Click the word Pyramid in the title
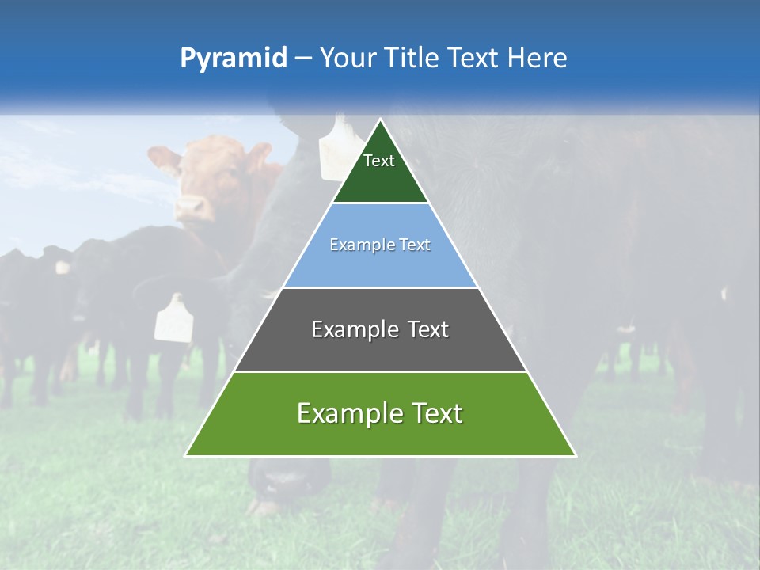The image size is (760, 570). pyautogui.click(x=233, y=59)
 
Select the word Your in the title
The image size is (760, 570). pyautogui.click(x=349, y=59)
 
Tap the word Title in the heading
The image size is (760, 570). pyautogui.click(x=412, y=59)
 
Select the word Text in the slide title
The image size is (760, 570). pyautogui.click(x=474, y=59)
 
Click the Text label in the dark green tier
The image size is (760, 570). pyautogui.click(x=379, y=161)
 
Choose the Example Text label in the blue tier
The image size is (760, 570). pyautogui.click(x=380, y=245)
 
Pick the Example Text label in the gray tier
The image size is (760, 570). pyautogui.click(x=380, y=329)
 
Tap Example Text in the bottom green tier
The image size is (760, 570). pyautogui.click(x=380, y=413)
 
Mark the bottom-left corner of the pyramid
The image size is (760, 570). pyautogui.click(x=186, y=455)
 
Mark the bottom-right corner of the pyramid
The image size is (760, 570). pyautogui.click(x=576, y=455)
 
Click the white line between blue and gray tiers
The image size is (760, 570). pyautogui.click(x=380, y=287)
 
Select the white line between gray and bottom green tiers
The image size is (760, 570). pyautogui.click(x=380, y=371)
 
